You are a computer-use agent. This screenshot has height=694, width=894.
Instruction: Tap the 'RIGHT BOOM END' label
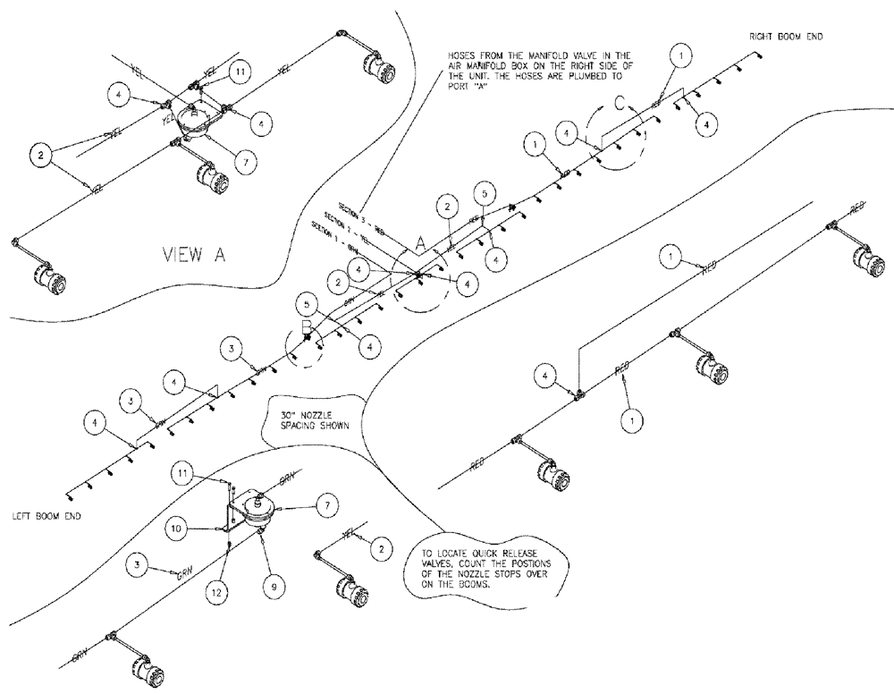click(x=786, y=37)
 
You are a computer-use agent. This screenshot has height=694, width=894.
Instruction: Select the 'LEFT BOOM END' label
click(x=50, y=516)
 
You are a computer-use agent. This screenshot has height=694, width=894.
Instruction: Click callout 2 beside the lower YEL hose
click(x=380, y=546)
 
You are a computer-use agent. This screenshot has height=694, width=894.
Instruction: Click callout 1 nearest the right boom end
click(x=682, y=56)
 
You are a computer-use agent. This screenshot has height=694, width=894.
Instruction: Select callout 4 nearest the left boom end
click(x=92, y=419)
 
